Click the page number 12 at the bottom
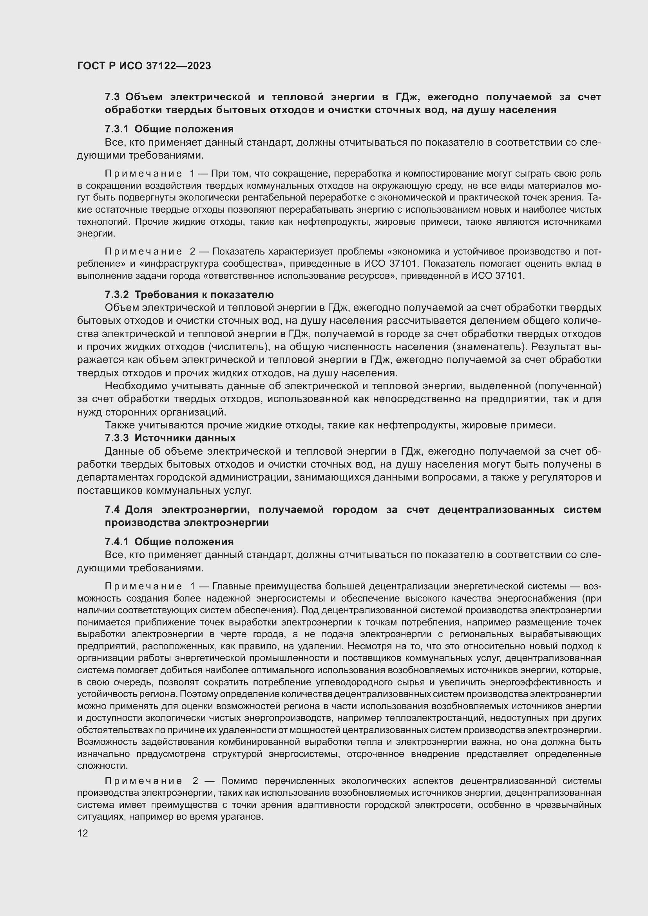coord(83,833)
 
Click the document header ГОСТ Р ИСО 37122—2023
coord(144,66)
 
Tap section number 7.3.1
coord(116,129)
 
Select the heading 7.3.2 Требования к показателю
coord(189,294)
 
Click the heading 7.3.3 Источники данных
coord(170,438)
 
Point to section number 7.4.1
coord(116,541)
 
